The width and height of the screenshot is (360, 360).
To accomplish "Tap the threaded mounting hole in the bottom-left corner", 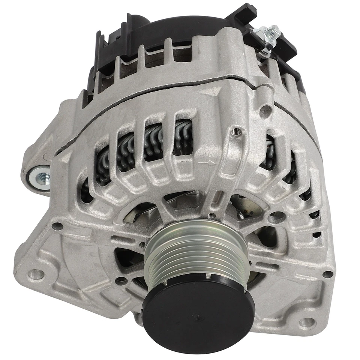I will tap(35, 274).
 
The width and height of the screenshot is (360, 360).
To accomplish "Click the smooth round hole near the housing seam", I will tap(265, 109).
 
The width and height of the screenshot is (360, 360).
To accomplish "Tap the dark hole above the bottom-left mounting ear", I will tap(57, 226).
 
